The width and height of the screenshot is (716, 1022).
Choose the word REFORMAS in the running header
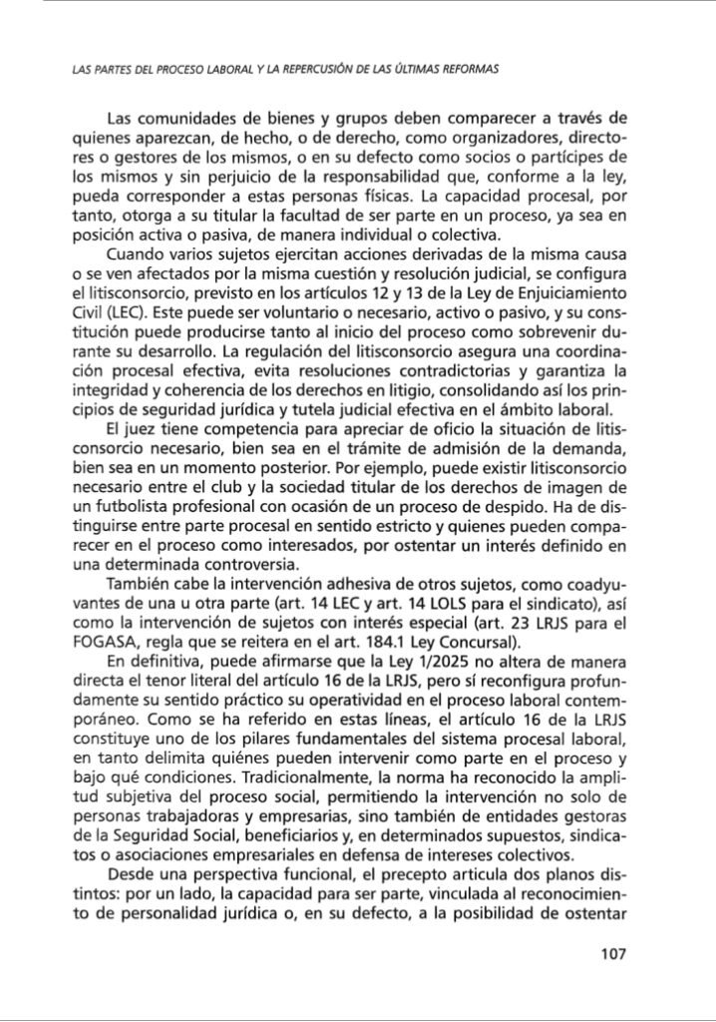(463, 70)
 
